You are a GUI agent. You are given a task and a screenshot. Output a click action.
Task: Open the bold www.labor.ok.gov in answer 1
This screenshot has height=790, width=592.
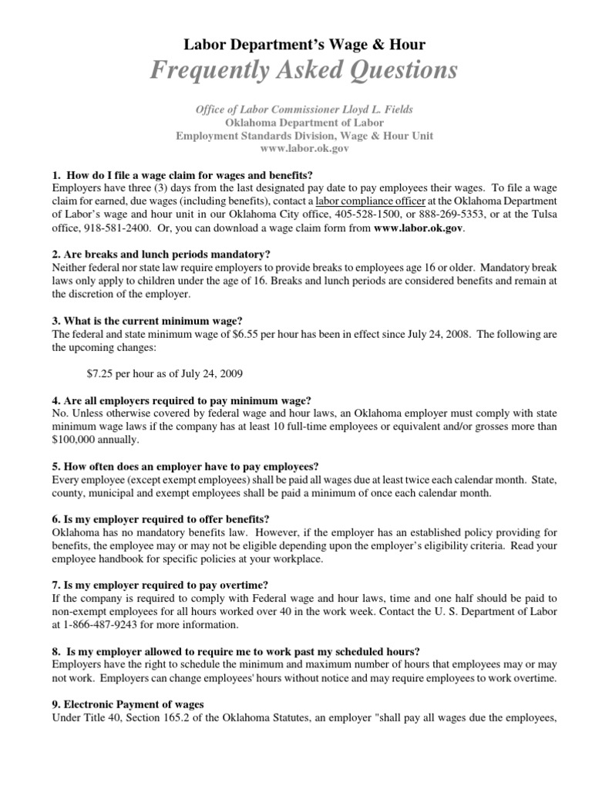click(x=419, y=228)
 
